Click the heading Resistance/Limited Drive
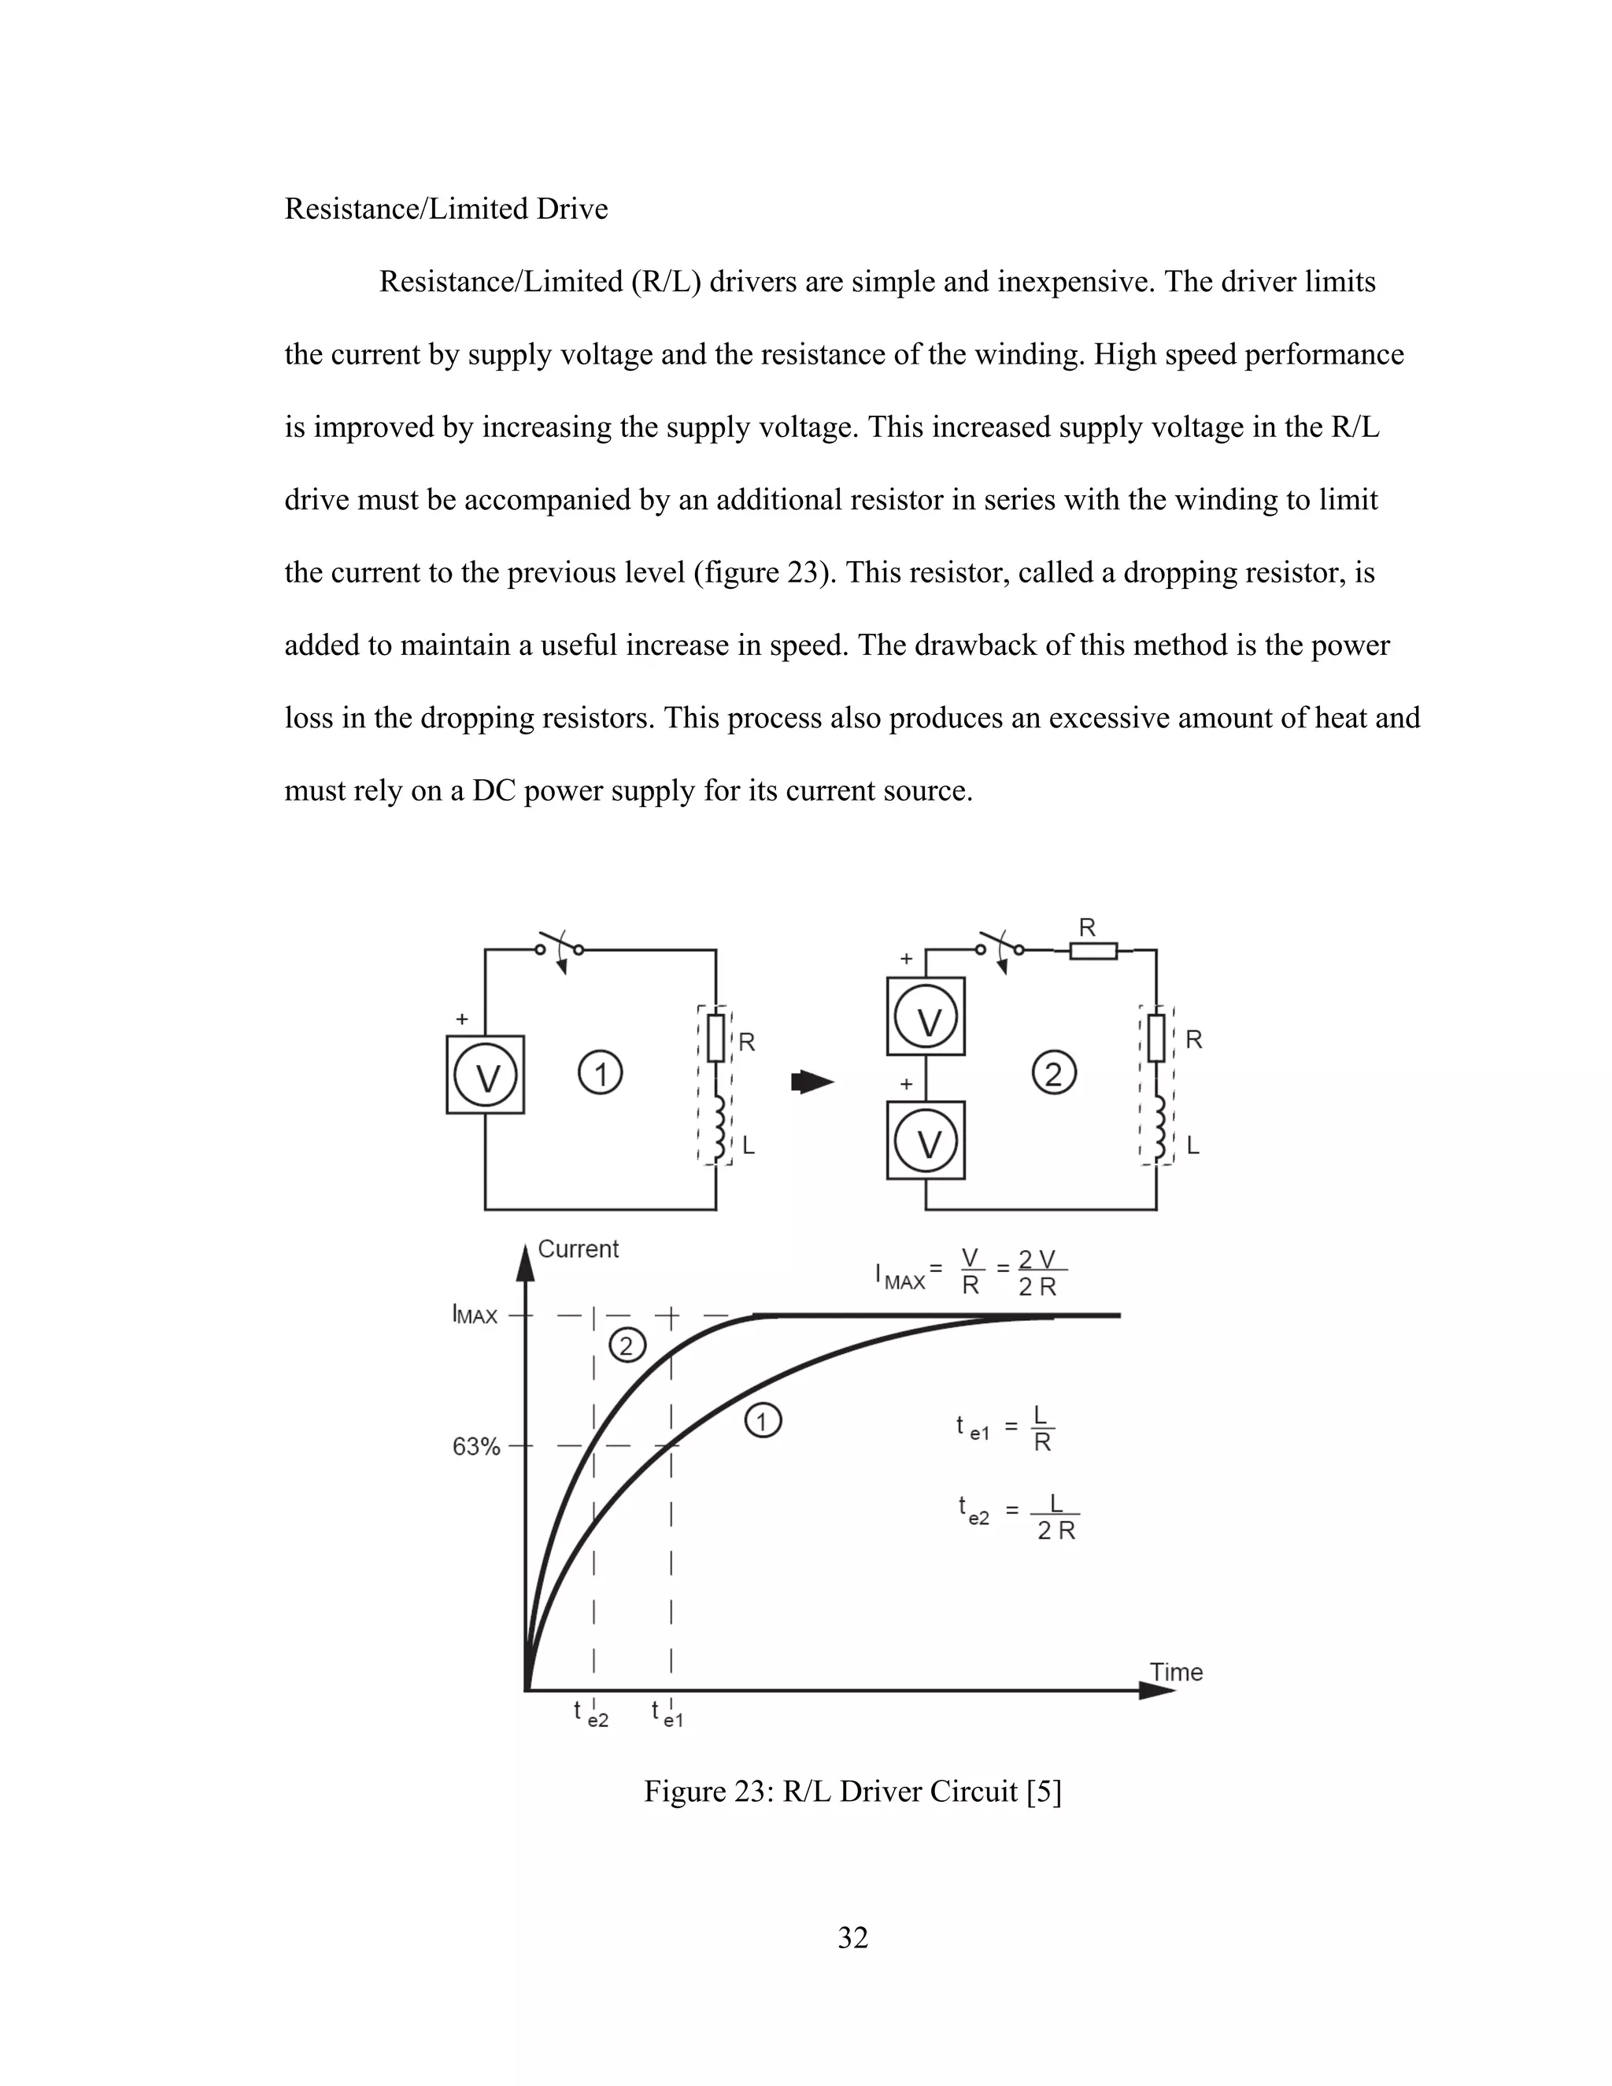click(x=446, y=209)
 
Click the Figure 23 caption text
click(x=852, y=1791)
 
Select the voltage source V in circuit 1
click(x=485, y=1074)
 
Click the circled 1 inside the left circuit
click(x=601, y=1074)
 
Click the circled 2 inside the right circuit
click(x=1054, y=1074)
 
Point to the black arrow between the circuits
click(x=812, y=1082)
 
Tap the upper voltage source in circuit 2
click(x=926, y=1016)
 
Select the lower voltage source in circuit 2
click(x=926, y=1141)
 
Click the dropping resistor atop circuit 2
click(x=1093, y=950)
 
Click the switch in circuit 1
click(x=560, y=949)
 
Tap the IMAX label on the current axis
click(x=475, y=1316)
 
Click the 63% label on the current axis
click(x=475, y=1447)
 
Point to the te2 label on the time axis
click(x=591, y=1713)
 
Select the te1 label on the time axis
click(x=667, y=1713)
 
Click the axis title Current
click(x=578, y=1248)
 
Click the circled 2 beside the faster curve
click(x=627, y=1347)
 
